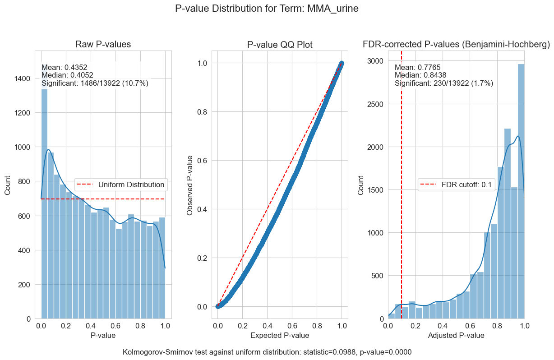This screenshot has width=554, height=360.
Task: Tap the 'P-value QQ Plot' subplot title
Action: click(x=280, y=44)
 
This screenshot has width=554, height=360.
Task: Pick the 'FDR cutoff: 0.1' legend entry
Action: click(x=457, y=185)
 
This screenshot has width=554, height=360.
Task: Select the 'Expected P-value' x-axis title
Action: click(x=280, y=335)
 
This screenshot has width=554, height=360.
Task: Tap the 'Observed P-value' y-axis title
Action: click(x=190, y=185)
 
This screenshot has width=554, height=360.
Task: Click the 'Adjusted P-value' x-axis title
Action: click(x=456, y=335)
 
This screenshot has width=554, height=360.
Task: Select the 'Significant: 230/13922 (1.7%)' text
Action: click(x=443, y=83)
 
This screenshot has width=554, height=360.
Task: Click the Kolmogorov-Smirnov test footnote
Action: click(x=267, y=352)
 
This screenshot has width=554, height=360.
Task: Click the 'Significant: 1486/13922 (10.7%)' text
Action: click(x=95, y=83)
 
